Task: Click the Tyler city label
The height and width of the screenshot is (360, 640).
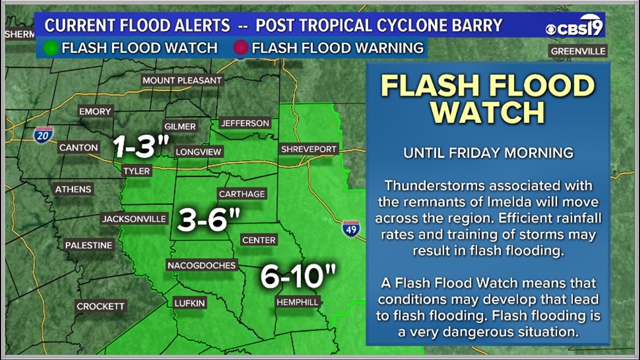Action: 136,171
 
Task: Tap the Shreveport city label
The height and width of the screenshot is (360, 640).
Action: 308,149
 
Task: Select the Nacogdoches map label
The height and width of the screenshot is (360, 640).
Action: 202,265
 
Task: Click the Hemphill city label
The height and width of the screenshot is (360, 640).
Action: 297,302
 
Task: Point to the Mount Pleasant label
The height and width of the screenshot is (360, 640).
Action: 182,80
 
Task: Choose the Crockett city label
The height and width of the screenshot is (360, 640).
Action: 100,306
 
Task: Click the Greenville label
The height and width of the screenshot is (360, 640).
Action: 578,51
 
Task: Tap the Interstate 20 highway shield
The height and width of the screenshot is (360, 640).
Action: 43,135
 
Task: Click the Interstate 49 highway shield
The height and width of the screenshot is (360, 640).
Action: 351,228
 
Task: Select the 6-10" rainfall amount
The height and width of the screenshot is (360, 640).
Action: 298,276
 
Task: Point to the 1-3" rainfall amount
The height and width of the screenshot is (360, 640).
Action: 141,147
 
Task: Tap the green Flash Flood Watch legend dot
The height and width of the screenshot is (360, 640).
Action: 51,48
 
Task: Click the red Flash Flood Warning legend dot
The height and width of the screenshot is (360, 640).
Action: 241,48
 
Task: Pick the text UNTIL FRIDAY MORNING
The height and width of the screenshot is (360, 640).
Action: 488,153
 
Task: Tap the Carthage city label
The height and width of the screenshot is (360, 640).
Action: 241,194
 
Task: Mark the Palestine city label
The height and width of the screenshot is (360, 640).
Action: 89,245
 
